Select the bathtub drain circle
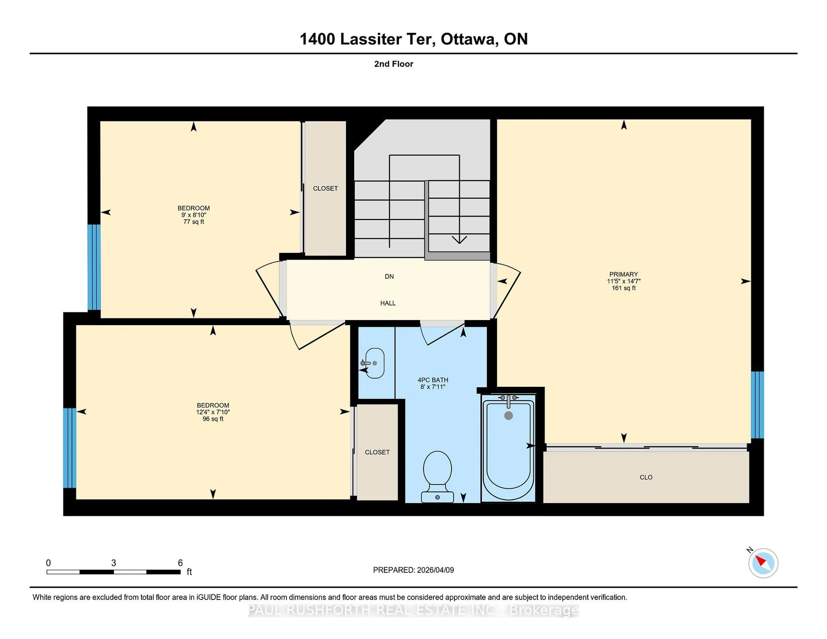(508, 416)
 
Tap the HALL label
(388, 303)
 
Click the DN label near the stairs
(389, 277)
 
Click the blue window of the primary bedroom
(757, 405)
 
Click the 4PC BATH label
(433, 380)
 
